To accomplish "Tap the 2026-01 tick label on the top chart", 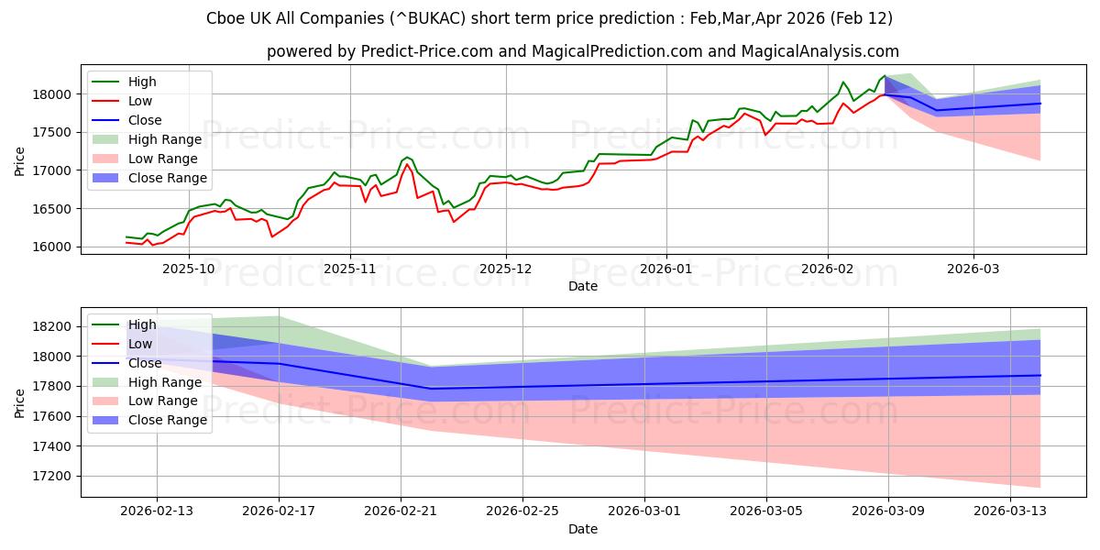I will tap(665, 269).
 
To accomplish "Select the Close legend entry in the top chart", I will tap(145, 120).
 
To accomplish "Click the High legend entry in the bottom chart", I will tap(142, 324).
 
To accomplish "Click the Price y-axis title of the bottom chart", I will tap(20, 401).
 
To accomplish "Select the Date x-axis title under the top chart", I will tap(583, 286).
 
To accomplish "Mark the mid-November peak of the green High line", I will tap(406, 131).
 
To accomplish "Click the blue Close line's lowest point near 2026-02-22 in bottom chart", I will tap(431, 389).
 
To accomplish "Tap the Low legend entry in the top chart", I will tap(140, 101).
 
